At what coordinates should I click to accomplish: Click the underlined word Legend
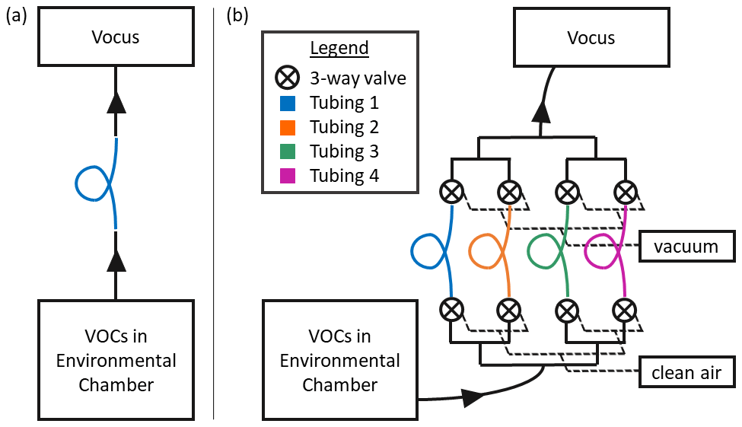click(339, 49)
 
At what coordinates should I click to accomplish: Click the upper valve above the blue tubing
click(452, 191)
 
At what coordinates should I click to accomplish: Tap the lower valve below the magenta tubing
click(625, 309)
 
